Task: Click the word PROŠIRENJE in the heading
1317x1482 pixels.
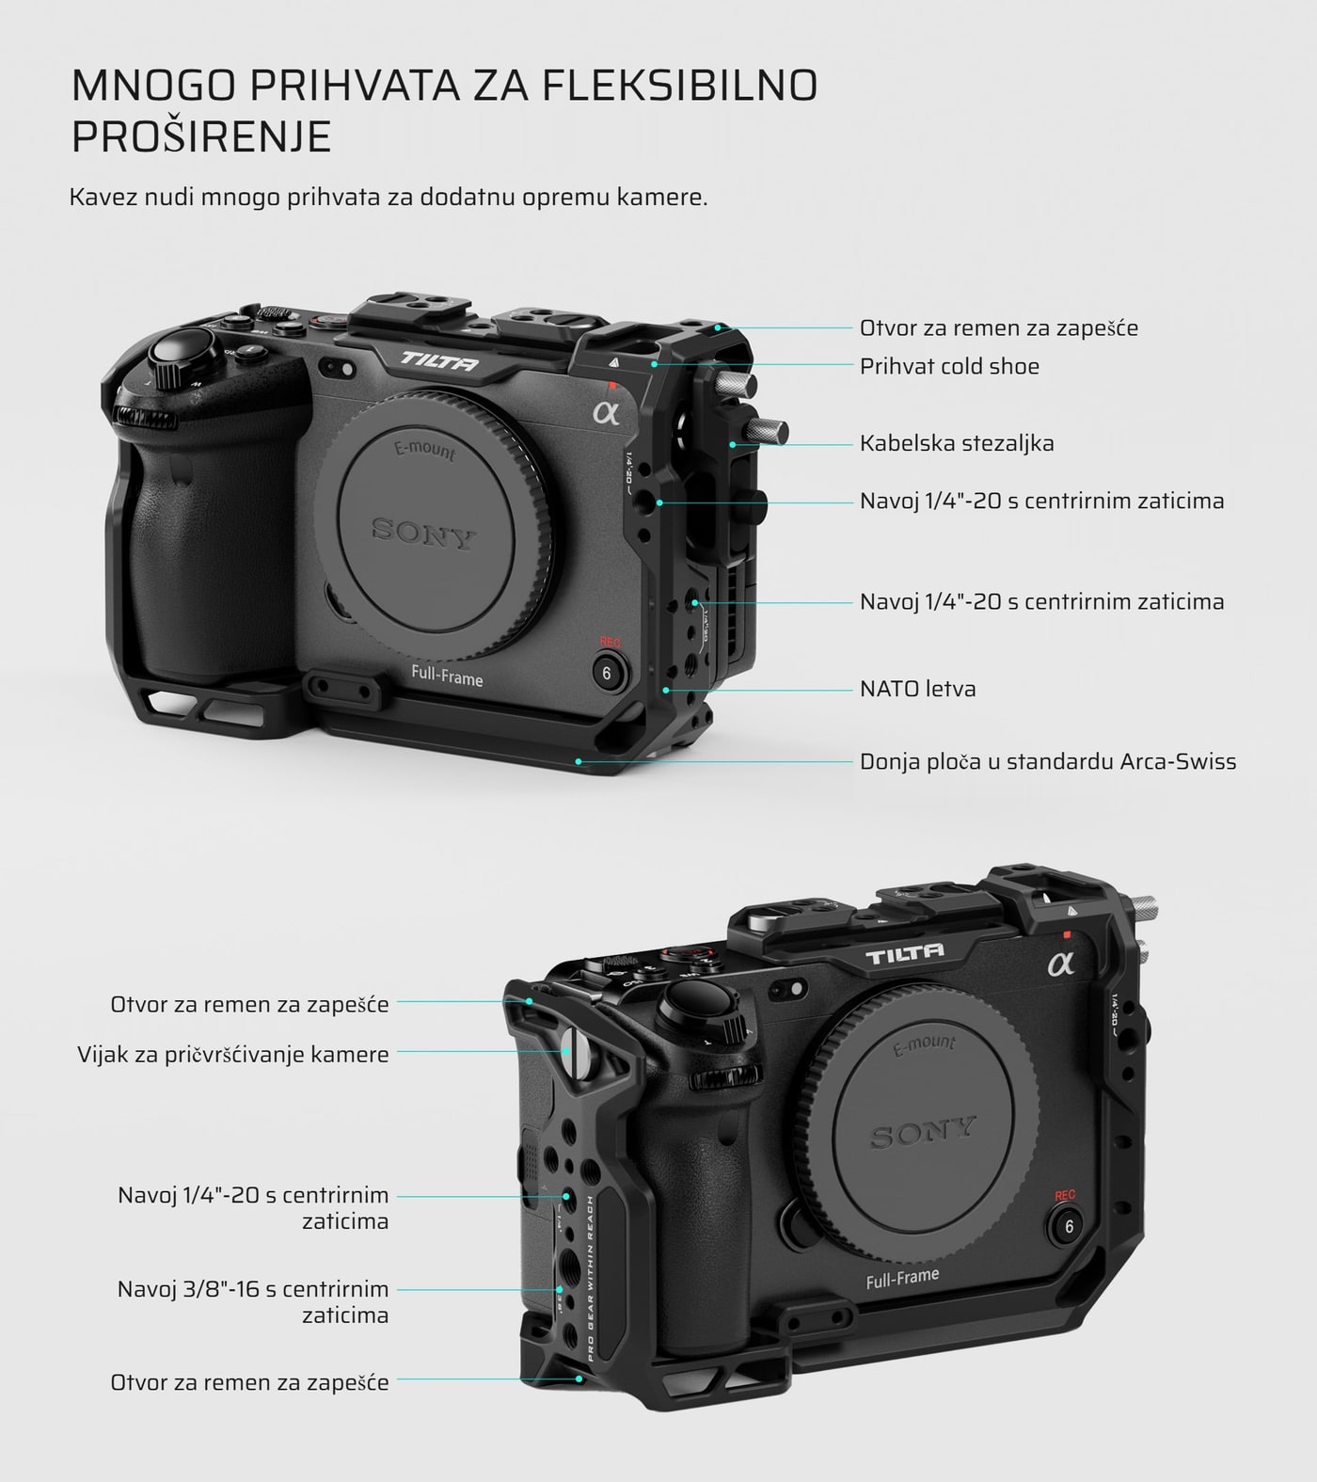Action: (201, 136)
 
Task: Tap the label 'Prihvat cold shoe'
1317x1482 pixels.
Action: (949, 366)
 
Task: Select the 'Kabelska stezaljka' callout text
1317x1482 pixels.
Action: (957, 443)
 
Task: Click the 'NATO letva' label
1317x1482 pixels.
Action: (918, 689)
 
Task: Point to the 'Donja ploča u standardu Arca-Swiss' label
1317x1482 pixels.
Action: (1048, 761)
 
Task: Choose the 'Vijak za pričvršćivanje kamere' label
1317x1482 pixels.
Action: (233, 1055)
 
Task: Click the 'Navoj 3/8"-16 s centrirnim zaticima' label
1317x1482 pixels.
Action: (253, 1301)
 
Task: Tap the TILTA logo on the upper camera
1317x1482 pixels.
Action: (439, 360)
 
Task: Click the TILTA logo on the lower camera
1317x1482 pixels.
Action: (904, 955)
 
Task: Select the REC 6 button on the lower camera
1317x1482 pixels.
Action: (1068, 1226)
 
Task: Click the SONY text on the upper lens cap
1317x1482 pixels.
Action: (424, 533)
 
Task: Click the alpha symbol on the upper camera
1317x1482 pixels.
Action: (607, 412)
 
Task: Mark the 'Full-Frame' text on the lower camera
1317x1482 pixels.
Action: (902, 1278)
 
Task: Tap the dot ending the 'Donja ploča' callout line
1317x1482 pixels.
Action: (579, 760)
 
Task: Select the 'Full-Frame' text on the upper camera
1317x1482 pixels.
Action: (447, 677)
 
